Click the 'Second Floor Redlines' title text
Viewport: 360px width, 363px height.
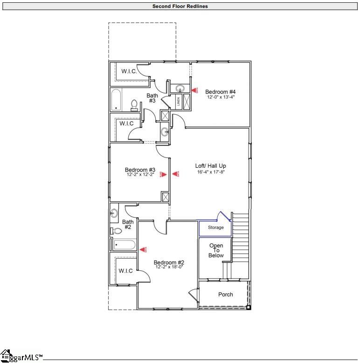pos(180,7)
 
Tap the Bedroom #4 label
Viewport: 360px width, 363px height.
pos(221,92)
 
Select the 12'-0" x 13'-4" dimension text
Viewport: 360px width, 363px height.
pos(221,97)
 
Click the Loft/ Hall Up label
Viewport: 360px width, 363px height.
pos(211,166)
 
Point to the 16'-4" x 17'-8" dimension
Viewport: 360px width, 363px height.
pos(211,172)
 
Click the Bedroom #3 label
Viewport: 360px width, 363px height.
pos(140,170)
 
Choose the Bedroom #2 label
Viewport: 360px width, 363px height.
pos(169,262)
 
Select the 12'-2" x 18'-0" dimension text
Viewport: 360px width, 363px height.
pos(169,267)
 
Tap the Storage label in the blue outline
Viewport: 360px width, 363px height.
pos(215,227)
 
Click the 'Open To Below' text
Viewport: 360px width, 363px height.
pos(216,250)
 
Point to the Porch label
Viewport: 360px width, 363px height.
pos(226,295)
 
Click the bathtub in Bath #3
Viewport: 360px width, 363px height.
pos(117,100)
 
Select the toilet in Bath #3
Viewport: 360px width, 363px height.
pos(134,104)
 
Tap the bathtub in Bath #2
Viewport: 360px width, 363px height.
pos(125,245)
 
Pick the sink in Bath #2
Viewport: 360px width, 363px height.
pos(114,213)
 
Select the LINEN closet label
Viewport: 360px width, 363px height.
pos(179,102)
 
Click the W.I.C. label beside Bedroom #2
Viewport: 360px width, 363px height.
pos(125,271)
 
